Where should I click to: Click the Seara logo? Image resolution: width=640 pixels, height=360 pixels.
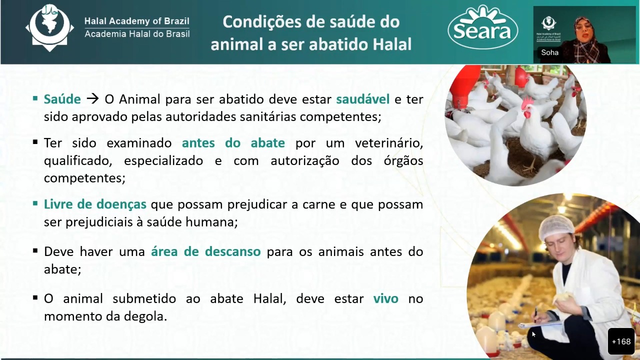point(483,27)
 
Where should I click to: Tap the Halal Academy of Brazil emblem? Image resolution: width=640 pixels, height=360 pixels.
point(49,27)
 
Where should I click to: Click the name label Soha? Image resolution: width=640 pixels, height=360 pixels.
point(549,52)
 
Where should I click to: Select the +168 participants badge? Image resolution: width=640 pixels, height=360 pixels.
point(621,341)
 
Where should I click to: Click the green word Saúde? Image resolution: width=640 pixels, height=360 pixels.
point(62,99)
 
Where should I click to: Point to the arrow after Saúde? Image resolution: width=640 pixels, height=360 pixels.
point(92,99)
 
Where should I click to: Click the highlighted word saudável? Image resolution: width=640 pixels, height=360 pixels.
point(363,99)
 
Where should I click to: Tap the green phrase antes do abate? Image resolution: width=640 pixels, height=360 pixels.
point(233,143)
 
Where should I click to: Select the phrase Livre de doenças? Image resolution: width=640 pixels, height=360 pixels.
point(95,204)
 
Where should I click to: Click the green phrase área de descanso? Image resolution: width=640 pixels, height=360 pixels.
point(205,251)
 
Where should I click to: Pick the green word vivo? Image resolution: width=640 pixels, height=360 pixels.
point(385,299)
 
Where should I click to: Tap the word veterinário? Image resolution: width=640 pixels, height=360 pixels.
point(389,143)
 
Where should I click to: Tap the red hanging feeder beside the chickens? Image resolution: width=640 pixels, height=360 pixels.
point(462,89)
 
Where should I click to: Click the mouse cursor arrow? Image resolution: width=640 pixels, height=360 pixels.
point(533,334)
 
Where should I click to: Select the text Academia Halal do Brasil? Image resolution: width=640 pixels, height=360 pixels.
point(137,34)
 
